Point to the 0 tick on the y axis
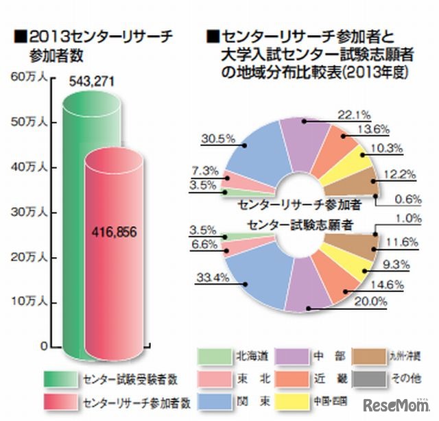tap(43, 346)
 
